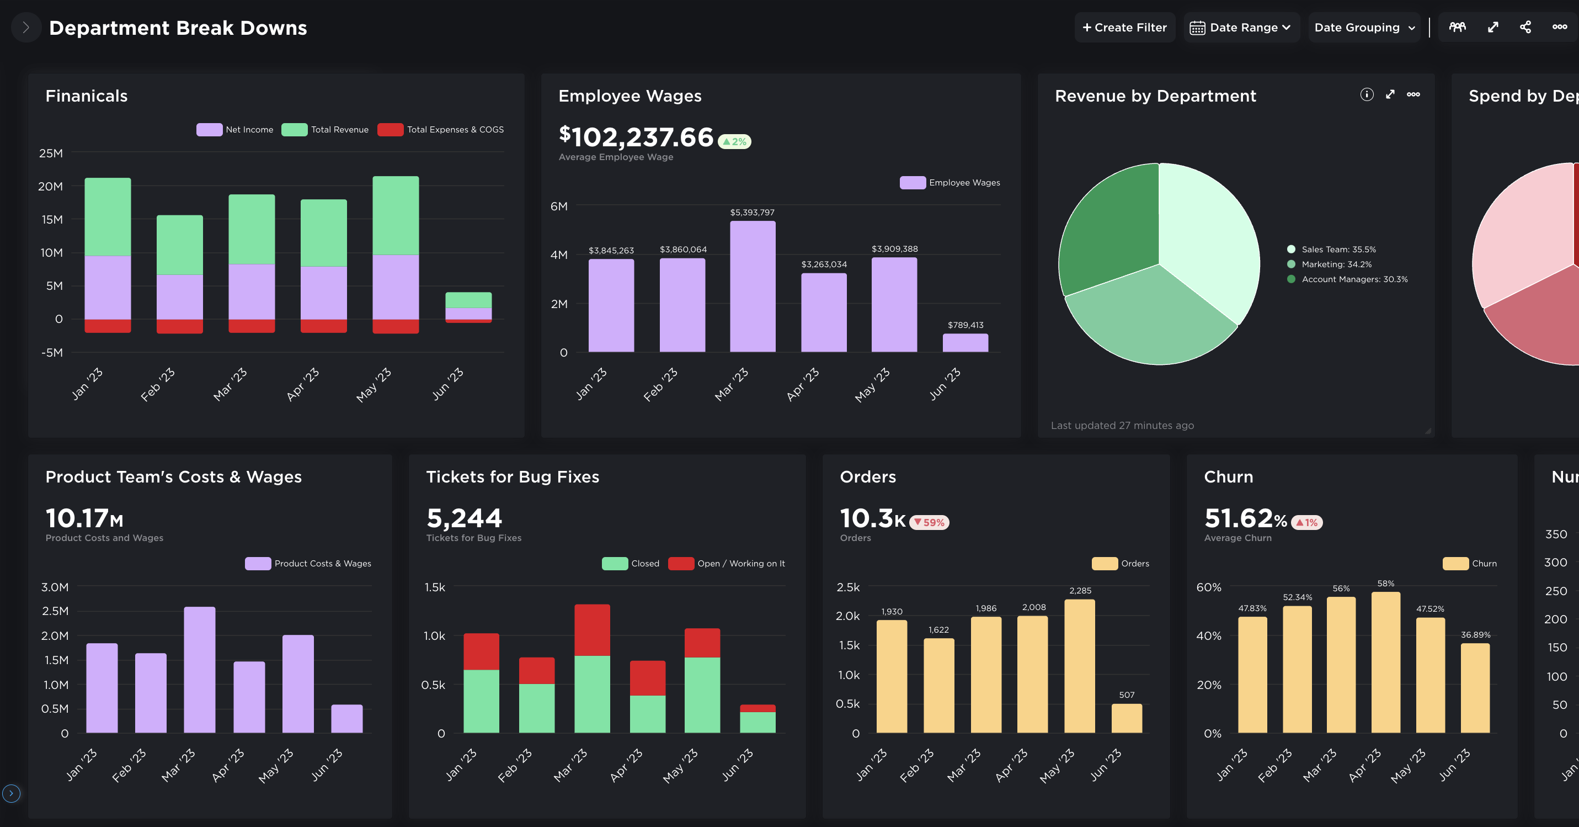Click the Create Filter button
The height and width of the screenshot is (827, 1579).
point(1124,28)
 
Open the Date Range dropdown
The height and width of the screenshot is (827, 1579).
point(1241,28)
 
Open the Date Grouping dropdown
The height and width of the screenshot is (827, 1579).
point(1364,28)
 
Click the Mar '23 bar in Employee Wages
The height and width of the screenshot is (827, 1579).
point(752,287)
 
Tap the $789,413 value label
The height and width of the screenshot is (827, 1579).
point(965,325)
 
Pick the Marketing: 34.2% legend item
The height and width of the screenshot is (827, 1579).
point(1336,264)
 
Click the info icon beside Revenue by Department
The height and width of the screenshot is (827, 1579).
point(1366,94)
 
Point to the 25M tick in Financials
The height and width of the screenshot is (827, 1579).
point(51,153)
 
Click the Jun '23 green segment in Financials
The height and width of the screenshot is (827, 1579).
point(468,299)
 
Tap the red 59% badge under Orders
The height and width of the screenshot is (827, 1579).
point(929,522)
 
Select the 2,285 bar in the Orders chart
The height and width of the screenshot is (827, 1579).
point(1080,666)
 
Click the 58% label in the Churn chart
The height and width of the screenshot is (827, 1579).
point(1385,584)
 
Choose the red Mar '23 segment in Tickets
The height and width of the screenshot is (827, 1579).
point(591,630)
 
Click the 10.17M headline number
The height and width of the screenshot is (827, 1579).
point(84,518)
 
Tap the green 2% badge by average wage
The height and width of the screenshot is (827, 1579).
point(734,142)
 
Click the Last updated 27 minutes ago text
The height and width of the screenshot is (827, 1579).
point(1122,425)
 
